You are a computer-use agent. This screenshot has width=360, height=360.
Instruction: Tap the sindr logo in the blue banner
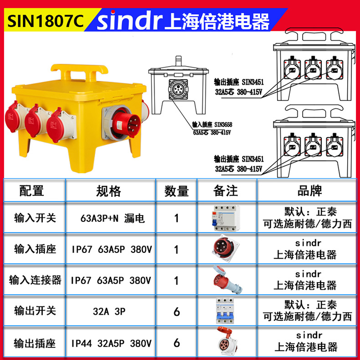[x=130, y=20]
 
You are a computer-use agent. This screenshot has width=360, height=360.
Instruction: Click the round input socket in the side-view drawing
[x=178, y=89]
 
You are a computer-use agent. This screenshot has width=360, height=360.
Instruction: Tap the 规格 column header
[x=108, y=191]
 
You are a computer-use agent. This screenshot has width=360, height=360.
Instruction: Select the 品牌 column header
[x=309, y=190]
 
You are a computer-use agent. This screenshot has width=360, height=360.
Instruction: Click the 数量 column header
[x=176, y=191]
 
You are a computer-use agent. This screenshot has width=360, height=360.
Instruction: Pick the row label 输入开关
[x=35, y=218]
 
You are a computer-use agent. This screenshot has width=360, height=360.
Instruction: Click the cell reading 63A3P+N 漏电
[x=113, y=218]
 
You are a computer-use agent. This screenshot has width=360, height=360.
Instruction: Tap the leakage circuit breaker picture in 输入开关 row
[x=226, y=218]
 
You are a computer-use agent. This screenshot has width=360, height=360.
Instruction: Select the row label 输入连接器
[x=35, y=280]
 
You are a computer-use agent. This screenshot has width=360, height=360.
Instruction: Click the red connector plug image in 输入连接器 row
[x=227, y=279]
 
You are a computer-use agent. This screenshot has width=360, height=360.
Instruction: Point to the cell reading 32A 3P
[x=109, y=312]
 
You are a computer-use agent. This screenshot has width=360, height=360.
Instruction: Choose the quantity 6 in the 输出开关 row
[x=176, y=312]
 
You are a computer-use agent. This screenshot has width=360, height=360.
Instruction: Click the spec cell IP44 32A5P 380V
[x=111, y=344]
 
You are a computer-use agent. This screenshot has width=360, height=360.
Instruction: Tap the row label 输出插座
[x=35, y=344]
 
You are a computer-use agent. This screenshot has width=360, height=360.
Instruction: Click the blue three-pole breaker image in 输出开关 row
[x=225, y=311]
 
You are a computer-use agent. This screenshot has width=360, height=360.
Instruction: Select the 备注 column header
[x=226, y=191]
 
